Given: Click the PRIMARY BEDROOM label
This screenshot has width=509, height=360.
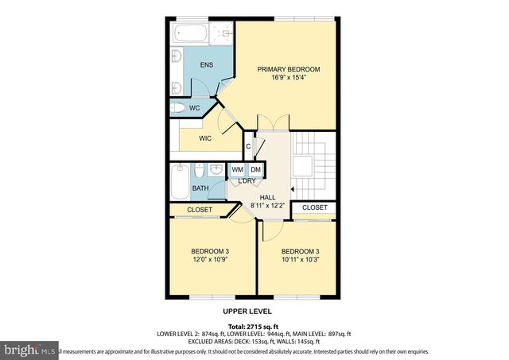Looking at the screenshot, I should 287,69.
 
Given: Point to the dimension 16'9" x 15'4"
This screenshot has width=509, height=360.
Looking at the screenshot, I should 287,78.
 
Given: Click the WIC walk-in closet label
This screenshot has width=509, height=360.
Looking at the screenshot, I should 205,137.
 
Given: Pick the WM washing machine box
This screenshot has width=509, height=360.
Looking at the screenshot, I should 237,170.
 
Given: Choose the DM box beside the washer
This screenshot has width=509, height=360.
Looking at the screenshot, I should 255,170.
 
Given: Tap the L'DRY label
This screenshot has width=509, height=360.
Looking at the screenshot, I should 247,182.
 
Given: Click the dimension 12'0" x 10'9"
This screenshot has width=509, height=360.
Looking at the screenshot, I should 199,259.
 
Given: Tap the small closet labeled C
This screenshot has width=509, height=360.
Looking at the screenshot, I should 248,146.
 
